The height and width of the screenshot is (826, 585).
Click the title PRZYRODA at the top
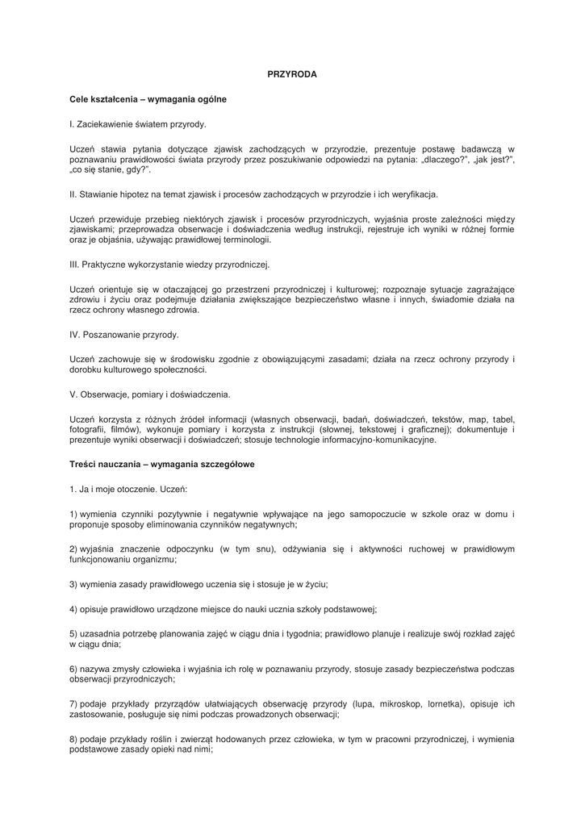[292, 74]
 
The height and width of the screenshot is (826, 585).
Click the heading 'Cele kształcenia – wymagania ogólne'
[148, 99]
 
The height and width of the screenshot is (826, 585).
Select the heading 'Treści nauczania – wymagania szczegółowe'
[162, 465]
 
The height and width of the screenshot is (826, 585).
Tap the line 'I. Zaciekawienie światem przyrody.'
[138, 124]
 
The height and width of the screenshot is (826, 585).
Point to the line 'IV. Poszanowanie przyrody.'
[124, 334]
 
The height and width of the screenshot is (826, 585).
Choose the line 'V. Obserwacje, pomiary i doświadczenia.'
[150, 394]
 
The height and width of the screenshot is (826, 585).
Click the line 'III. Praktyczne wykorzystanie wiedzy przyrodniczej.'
[170, 264]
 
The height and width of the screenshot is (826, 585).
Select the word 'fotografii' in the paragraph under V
[88, 430]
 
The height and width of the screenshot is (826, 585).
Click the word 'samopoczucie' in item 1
[362, 514]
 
